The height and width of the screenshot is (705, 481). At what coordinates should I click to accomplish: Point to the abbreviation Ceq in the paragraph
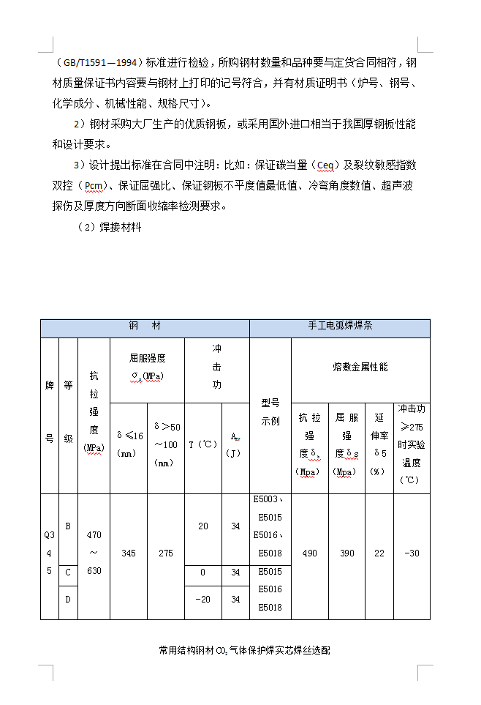click(322, 165)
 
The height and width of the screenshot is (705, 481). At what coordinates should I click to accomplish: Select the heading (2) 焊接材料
click(109, 228)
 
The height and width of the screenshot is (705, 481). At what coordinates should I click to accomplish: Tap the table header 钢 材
click(145, 327)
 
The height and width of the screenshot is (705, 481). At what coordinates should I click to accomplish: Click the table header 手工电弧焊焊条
click(340, 327)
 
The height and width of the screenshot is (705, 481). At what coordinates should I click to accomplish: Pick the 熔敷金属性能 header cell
click(360, 367)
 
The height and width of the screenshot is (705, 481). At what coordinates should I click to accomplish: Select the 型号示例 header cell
click(270, 412)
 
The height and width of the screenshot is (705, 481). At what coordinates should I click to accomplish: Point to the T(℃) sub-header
click(202, 444)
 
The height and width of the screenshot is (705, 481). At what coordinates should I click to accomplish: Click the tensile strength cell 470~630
click(94, 553)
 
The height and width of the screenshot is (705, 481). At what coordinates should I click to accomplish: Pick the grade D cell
click(68, 600)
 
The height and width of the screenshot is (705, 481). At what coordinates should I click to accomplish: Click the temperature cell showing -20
click(202, 600)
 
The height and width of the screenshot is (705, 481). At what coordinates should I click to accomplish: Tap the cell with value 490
click(309, 553)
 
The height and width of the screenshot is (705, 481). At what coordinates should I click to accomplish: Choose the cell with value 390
click(346, 553)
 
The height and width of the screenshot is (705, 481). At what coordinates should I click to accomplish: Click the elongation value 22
click(379, 553)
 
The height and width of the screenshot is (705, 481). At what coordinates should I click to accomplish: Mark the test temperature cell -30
click(412, 553)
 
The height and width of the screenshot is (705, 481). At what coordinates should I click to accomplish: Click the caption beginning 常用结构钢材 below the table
click(244, 649)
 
